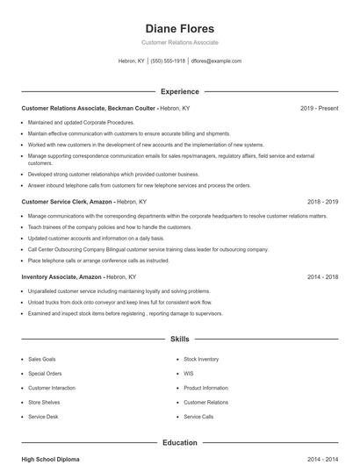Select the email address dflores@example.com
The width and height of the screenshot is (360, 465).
[x=216, y=61]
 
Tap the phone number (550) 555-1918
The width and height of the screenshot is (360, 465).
[x=168, y=61]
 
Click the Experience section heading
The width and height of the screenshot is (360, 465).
[x=179, y=91]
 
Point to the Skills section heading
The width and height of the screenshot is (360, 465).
[x=179, y=338]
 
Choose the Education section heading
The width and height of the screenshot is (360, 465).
[x=179, y=443]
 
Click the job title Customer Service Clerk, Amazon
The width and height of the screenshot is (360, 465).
[x=67, y=201]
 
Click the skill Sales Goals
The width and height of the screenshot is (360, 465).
[x=41, y=359]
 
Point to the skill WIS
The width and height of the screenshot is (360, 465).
[x=188, y=373]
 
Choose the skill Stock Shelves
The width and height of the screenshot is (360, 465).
[x=43, y=402]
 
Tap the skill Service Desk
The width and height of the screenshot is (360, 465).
[x=43, y=416]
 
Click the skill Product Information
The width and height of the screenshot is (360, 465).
[x=205, y=387]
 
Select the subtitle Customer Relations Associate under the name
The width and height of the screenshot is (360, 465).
[x=179, y=42]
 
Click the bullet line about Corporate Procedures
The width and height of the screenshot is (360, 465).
[x=81, y=123]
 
